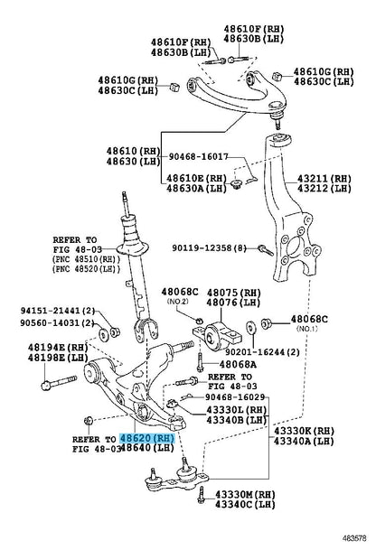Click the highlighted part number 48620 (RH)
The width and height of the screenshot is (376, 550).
[147, 438]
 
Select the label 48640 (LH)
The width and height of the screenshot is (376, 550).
[147, 448]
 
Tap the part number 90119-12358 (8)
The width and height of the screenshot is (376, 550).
[209, 248]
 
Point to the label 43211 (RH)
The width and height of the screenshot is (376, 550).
[324, 179]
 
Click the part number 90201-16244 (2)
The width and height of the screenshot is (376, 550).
[263, 352]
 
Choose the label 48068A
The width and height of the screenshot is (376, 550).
[238, 365]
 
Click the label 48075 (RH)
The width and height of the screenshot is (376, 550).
[234, 293]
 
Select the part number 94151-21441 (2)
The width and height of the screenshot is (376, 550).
[58, 311]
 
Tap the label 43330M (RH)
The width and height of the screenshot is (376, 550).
[245, 495]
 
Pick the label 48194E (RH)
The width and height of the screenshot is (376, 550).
[58, 348]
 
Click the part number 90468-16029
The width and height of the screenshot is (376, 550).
[235, 396]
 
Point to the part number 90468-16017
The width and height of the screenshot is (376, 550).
[198, 156]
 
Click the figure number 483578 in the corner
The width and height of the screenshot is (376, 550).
[354, 537]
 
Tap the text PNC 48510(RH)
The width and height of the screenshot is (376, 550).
[87, 259]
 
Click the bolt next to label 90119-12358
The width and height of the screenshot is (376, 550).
[266, 250]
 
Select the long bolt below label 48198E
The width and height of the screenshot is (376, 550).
[59, 382]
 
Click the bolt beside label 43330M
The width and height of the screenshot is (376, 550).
[202, 495]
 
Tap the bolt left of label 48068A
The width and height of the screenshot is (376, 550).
[200, 362]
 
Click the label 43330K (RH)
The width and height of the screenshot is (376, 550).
[304, 431]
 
